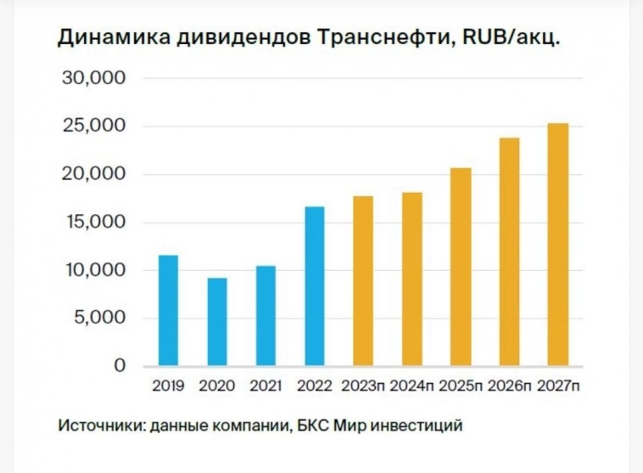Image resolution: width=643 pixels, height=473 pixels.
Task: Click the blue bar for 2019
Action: click(x=169, y=311)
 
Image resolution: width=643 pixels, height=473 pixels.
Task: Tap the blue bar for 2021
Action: click(x=266, y=316)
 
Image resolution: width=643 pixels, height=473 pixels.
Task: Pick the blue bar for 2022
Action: click(x=314, y=287)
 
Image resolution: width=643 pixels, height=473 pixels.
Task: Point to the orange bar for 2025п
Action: click(x=461, y=267)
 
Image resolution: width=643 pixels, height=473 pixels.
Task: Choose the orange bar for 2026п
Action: click(x=509, y=252)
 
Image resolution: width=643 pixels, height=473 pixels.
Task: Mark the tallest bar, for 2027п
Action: click(x=557, y=245)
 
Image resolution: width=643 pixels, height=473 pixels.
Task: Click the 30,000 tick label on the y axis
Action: click(x=94, y=78)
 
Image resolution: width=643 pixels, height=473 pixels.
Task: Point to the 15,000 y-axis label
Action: click(x=94, y=222)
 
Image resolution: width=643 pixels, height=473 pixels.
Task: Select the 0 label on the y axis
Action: click(x=120, y=366)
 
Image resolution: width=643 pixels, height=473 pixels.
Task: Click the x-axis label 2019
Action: click(x=169, y=386)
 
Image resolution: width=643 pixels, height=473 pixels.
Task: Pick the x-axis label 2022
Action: click(x=314, y=386)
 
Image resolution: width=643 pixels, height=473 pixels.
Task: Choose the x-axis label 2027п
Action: click(x=557, y=386)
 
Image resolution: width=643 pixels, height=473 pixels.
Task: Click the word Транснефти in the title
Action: click(x=373, y=38)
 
